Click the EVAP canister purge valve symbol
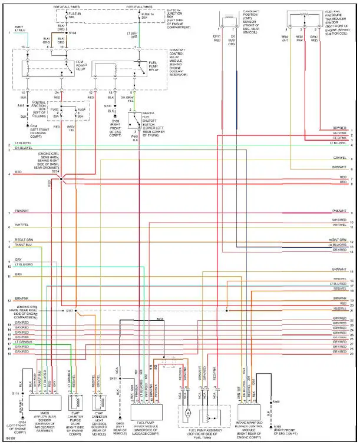(x=75, y=401)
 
